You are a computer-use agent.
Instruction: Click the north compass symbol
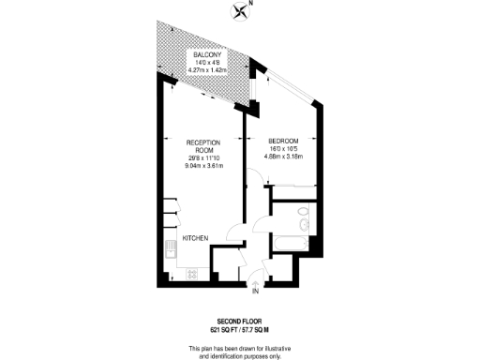[243, 12]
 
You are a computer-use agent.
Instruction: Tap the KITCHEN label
[195, 238]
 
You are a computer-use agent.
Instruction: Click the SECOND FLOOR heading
[240, 321]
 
